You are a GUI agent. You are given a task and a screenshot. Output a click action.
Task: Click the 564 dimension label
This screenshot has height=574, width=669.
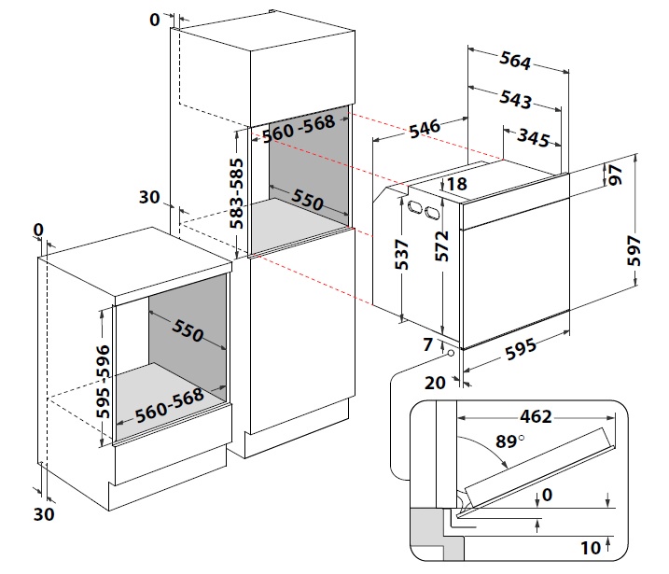pos(515,61)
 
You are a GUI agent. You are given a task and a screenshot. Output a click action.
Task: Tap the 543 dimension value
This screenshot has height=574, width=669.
pos(515,100)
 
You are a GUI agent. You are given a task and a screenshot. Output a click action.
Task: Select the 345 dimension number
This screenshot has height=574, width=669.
pos(534,138)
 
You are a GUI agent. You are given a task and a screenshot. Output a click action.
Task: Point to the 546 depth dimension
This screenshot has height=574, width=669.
pos(425,129)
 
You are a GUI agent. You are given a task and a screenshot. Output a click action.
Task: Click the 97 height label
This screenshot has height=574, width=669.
pos(615,175)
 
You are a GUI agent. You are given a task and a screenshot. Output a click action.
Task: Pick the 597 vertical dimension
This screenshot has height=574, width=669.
pos(634,250)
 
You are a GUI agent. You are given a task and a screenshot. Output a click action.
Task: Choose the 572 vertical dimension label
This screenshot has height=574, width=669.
pos(442,246)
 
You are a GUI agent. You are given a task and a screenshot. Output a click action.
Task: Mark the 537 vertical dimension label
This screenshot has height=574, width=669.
pos(401,255)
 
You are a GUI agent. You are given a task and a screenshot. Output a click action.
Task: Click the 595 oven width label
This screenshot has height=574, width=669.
pos(521,349)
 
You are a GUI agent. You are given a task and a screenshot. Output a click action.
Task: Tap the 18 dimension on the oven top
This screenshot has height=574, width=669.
pos(457,184)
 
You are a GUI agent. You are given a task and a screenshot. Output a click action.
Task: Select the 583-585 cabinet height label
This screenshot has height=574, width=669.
pos(236,193)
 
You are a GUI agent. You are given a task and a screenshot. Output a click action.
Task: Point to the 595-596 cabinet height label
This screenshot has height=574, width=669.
pos(103,381)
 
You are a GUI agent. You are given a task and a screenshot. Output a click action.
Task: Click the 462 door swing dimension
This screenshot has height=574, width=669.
pos(536,416)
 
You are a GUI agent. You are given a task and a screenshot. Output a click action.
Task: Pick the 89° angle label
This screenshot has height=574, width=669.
pos(509,441)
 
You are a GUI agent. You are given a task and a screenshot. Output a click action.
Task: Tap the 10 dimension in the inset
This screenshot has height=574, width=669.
pos(591,548)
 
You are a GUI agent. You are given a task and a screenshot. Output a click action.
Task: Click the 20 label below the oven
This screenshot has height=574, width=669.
pos(435,383)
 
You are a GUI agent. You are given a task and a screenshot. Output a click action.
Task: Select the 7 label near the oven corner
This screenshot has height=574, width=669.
pos(428,344)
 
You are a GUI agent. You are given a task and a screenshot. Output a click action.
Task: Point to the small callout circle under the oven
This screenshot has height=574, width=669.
pos(451,354)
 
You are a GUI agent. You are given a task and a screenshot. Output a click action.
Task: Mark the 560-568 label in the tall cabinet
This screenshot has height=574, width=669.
pos(299,129)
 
